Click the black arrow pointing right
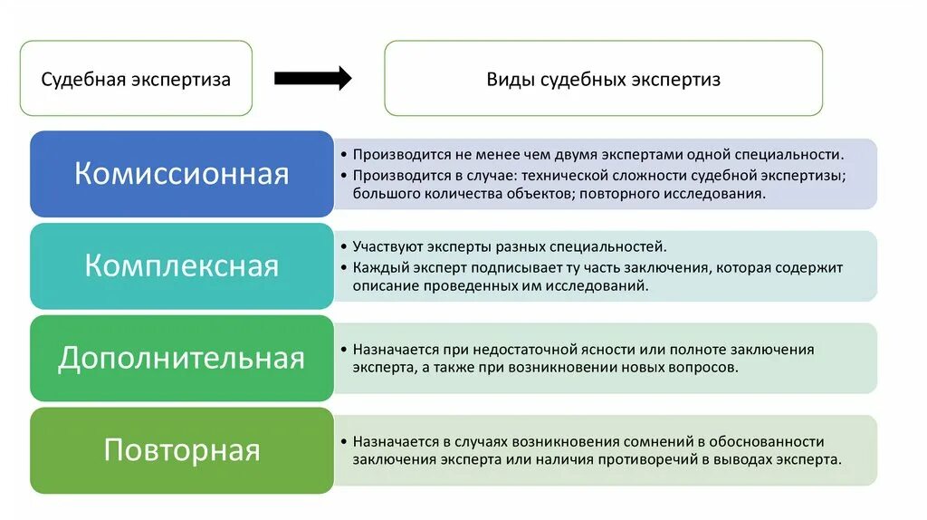click(312, 79)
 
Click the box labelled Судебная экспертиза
click(136, 79)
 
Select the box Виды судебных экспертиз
click(603, 79)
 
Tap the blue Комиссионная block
click(181, 174)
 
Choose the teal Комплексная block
click(181, 266)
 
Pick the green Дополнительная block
click(181, 359)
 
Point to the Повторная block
click(181, 450)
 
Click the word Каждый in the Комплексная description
click(377, 267)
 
